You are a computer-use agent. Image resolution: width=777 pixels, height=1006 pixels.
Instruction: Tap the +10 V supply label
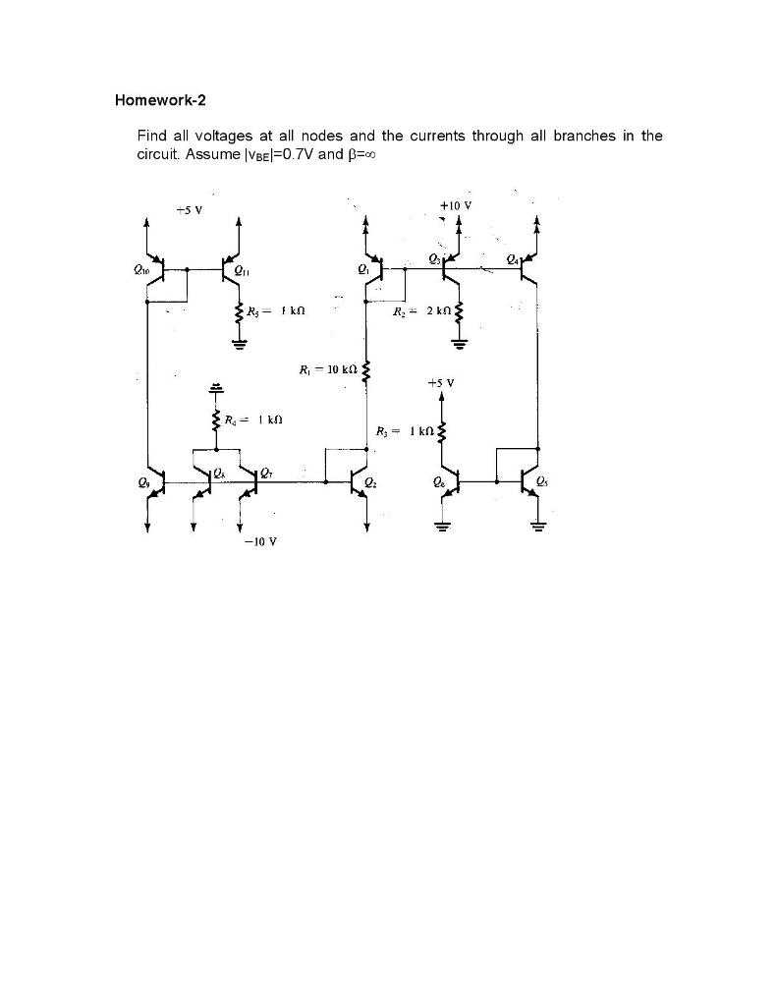457,205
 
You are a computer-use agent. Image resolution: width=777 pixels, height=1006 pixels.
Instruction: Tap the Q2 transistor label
369,482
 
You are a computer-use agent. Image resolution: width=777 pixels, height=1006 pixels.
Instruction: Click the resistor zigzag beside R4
215,422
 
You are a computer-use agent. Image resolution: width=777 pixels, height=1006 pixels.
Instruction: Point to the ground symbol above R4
215,386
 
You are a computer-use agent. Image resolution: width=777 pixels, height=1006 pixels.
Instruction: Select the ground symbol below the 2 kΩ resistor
457,344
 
